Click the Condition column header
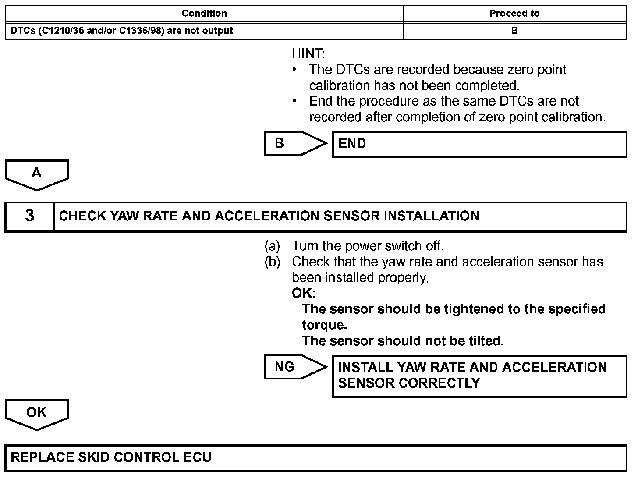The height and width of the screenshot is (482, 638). [x=204, y=14]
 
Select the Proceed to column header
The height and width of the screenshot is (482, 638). [x=514, y=14]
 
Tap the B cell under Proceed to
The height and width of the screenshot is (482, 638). [x=514, y=31]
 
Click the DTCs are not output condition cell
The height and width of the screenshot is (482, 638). [x=122, y=31]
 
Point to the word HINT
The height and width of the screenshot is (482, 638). [x=308, y=54]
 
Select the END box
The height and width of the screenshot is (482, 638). [x=479, y=144]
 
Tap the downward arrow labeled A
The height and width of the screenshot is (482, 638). [x=37, y=174]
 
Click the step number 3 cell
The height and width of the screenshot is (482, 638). [x=29, y=216]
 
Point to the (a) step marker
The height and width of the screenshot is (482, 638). [x=272, y=246]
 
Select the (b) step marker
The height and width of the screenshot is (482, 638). [x=272, y=262]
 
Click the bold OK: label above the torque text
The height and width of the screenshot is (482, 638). [x=303, y=293]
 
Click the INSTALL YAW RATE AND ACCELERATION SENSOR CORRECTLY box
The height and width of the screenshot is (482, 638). [x=479, y=376]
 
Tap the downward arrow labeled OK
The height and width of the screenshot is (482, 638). [x=37, y=414]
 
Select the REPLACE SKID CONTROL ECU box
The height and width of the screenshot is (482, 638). [x=315, y=458]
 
